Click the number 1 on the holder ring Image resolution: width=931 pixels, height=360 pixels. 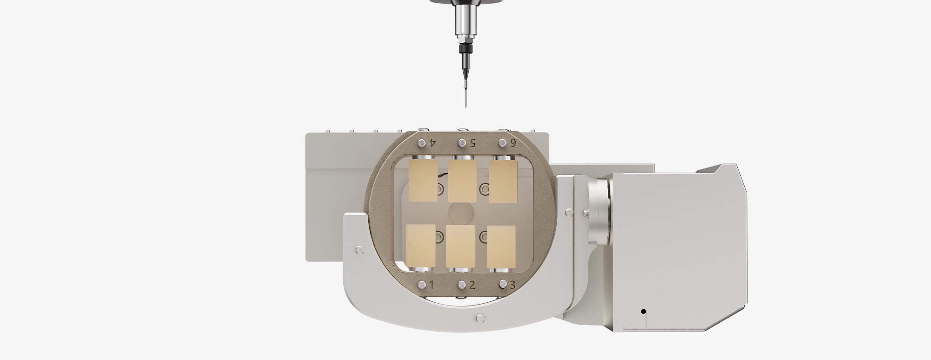[432, 285]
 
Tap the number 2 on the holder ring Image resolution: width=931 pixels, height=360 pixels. [472, 285]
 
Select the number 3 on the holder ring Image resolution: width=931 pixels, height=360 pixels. [513, 285]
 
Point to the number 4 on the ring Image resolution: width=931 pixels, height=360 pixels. [432, 142]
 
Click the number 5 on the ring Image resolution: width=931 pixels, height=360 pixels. [472, 143]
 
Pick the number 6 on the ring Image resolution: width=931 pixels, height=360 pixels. [513, 143]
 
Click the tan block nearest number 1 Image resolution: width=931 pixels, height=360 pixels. [421, 247]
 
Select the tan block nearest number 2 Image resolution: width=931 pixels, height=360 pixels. [461, 247]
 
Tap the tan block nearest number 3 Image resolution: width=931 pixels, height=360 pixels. [501, 247]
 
